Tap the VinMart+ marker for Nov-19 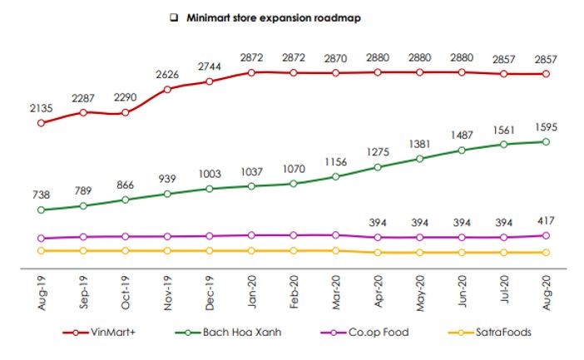[x=167, y=88]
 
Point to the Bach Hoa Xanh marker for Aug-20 [x=546, y=141]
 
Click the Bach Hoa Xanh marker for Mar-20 [x=335, y=176]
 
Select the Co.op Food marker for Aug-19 [x=41, y=238]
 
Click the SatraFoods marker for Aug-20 [x=546, y=252]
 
